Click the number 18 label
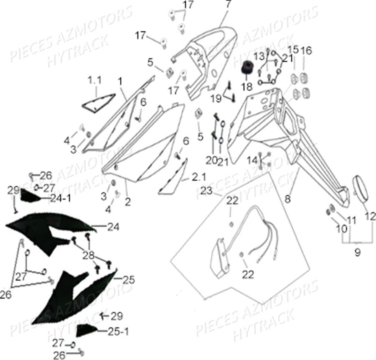click(246, 87)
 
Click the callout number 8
click(287, 199)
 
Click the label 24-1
click(61, 198)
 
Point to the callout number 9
click(358, 253)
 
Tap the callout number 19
click(216, 99)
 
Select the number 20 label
click(212, 160)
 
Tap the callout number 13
click(259, 56)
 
